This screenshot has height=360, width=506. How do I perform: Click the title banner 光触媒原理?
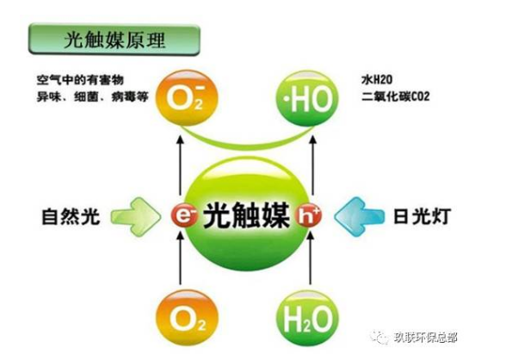(x=114, y=40)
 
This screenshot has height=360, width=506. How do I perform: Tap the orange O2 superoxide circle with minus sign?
(x=187, y=97)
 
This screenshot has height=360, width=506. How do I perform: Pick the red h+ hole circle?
(x=309, y=215)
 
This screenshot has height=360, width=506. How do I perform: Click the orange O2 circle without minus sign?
(x=187, y=320)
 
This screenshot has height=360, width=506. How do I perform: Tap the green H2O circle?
(x=307, y=320)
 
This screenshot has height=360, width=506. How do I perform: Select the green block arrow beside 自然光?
(x=136, y=216)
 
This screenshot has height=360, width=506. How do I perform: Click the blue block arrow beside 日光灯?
(x=359, y=216)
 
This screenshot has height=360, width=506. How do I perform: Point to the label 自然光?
(x=71, y=216)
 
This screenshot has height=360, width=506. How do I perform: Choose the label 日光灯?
(x=422, y=216)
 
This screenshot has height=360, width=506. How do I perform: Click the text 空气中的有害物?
(x=80, y=80)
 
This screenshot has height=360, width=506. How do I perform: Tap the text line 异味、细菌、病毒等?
(x=93, y=96)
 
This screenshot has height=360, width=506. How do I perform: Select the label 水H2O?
(x=377, y=79)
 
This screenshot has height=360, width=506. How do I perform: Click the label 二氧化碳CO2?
(x=396, y=96)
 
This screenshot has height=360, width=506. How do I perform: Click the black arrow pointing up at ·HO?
(x=312, y=164)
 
